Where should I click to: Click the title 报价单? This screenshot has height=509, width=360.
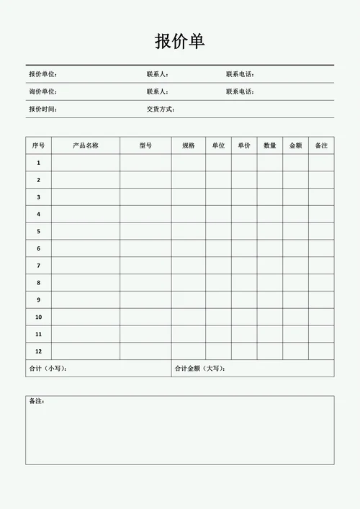[179, 42]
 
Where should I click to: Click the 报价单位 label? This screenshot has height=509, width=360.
[42, 74]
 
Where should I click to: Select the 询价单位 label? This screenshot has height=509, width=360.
[42, 91]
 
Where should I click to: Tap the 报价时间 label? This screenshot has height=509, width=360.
[42, 109]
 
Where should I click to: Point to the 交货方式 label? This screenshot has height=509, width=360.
[160, 109]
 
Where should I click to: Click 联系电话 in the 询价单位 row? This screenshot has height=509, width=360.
[240, 91]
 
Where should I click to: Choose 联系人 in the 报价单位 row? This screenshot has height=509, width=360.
[157, 74]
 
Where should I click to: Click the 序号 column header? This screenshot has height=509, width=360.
[38, 145]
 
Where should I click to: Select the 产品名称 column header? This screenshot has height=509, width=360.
[86, 145]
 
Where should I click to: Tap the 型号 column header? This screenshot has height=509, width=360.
[145, 145]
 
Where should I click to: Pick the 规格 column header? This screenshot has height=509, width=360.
[189, 145]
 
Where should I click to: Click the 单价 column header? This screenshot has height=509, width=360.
[244, 145]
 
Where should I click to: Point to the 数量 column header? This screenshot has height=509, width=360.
[270, 145]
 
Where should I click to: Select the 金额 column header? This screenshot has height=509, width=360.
[295, 145]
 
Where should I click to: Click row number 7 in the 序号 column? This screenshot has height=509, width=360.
[38, 266]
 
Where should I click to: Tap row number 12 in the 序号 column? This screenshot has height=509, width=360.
[38, 351]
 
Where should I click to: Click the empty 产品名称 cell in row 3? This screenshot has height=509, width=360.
[86, 197]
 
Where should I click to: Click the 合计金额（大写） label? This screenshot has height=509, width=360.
[200, 369]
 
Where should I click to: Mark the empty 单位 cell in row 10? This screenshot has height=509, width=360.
[218, 317]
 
